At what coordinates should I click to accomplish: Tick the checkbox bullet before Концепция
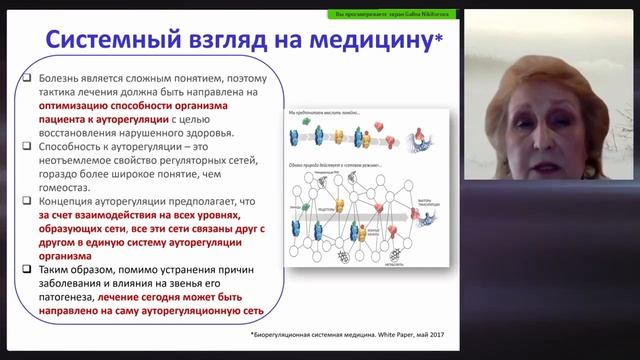click(x=33, y=200)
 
